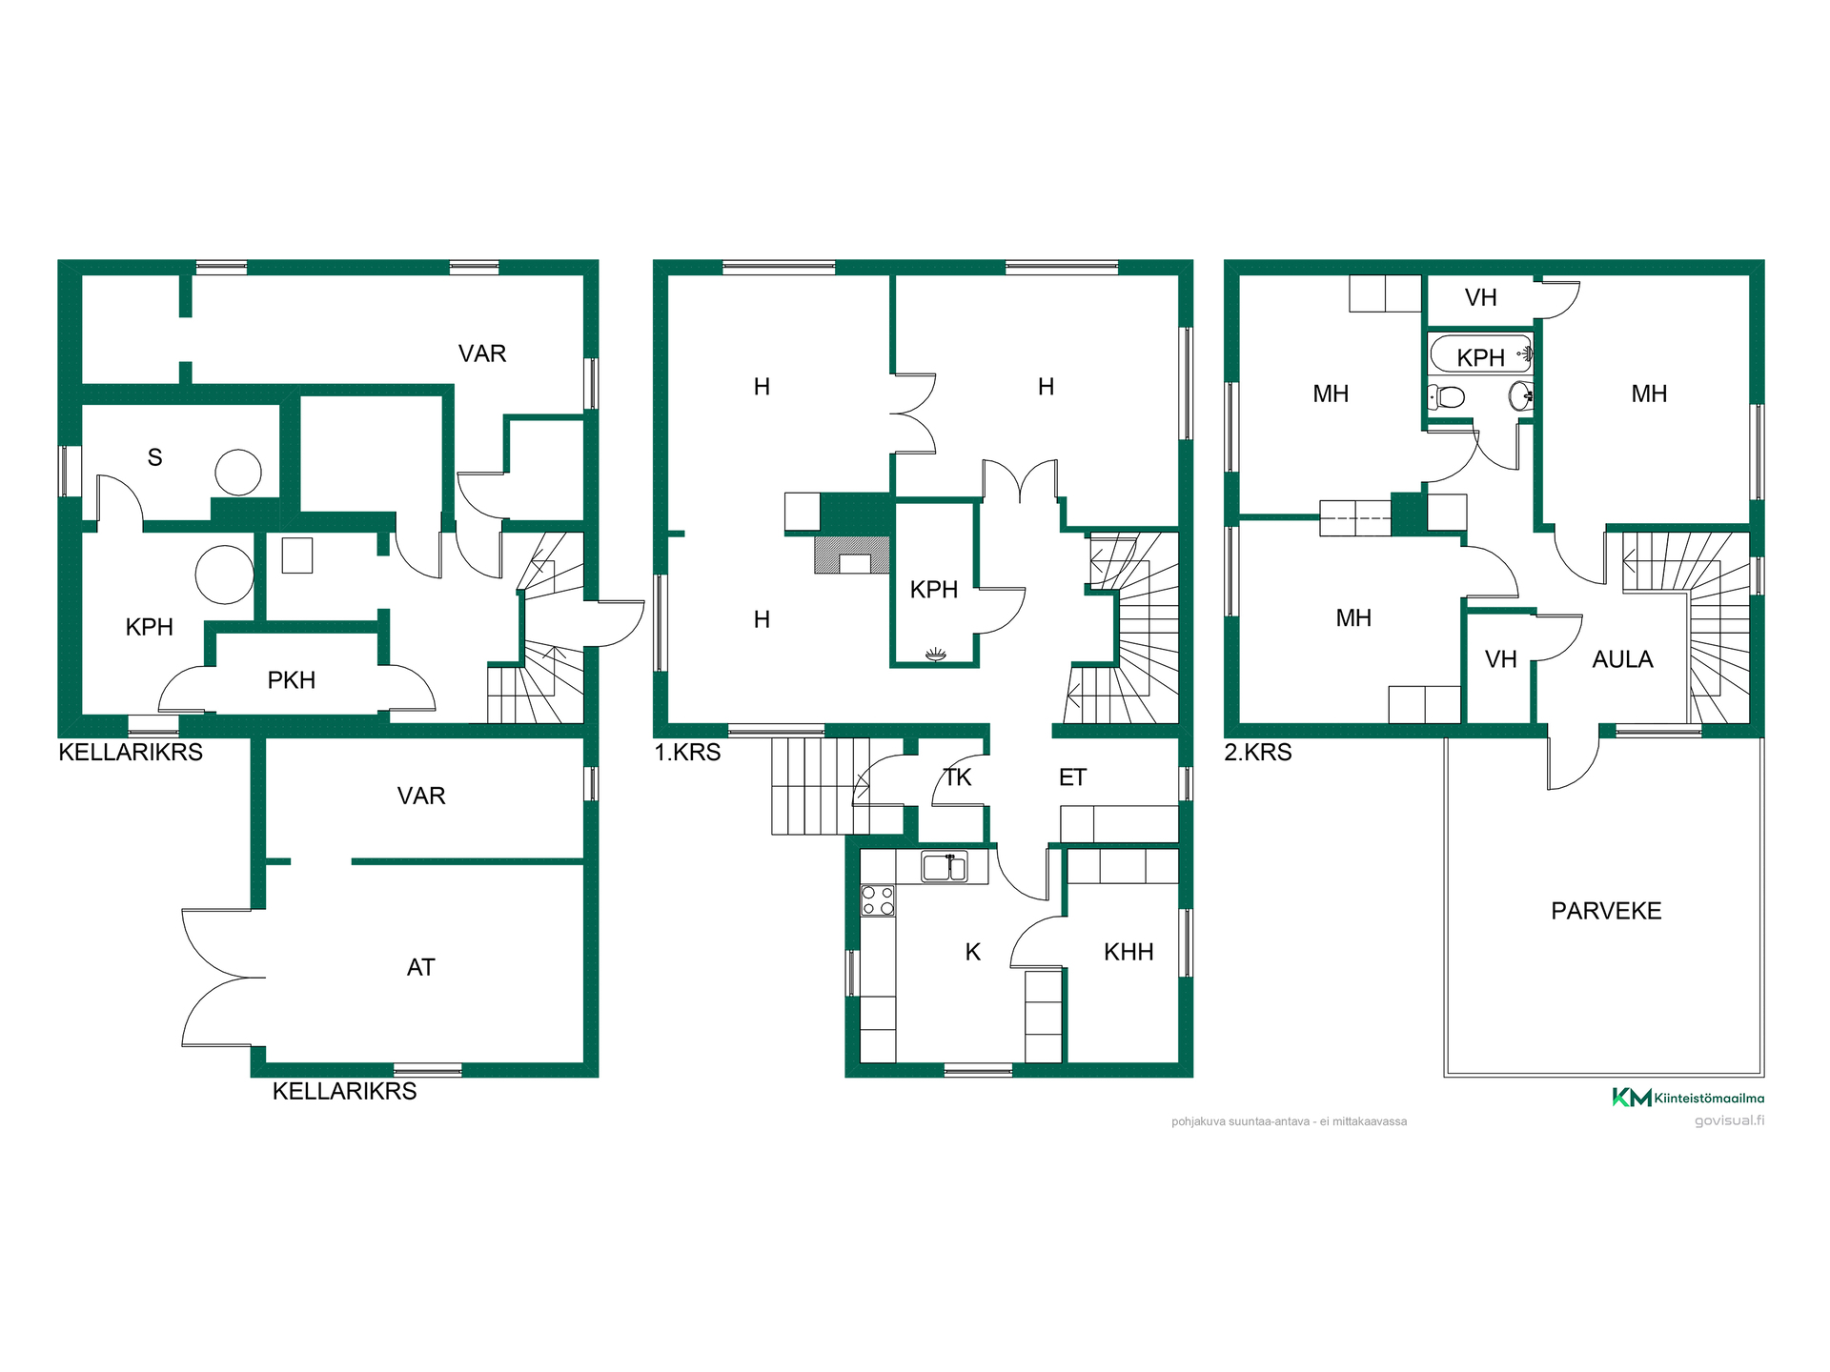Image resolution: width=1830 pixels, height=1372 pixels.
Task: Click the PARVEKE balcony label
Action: coord(1606,911)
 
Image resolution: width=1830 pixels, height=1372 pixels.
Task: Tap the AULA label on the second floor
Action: coord(1622,659)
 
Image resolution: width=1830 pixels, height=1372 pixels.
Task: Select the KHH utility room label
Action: coord(1128,952)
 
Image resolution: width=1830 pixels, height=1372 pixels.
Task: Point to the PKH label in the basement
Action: coord(291,680)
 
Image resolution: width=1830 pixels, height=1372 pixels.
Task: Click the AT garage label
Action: coord(420,968)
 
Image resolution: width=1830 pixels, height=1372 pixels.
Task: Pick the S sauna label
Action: coord(155,457)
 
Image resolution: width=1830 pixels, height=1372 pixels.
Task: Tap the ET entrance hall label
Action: coord(1072,777)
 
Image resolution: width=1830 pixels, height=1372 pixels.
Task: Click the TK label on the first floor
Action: coord(957,777)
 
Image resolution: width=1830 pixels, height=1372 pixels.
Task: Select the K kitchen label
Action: coord(972,952)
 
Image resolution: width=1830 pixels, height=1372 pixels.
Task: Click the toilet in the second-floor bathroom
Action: coord(1446,396)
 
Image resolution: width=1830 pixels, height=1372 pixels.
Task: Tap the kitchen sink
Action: coord(944,867)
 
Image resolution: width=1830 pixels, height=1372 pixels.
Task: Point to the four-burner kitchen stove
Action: coord(878,900)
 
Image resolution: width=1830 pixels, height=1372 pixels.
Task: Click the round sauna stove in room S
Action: coord(238,473)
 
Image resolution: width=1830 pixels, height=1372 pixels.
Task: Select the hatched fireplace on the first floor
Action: coord(852,555)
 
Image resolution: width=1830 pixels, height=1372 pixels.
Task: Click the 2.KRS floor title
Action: coord(1258,753)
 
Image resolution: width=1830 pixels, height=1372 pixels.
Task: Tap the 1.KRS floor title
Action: coord(687,753)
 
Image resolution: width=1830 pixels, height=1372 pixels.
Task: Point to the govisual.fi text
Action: coord(1729,1120)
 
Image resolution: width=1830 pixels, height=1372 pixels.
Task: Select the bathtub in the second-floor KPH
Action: coord(1481,354)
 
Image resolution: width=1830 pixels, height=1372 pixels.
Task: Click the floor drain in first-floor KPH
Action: coord(935,654)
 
